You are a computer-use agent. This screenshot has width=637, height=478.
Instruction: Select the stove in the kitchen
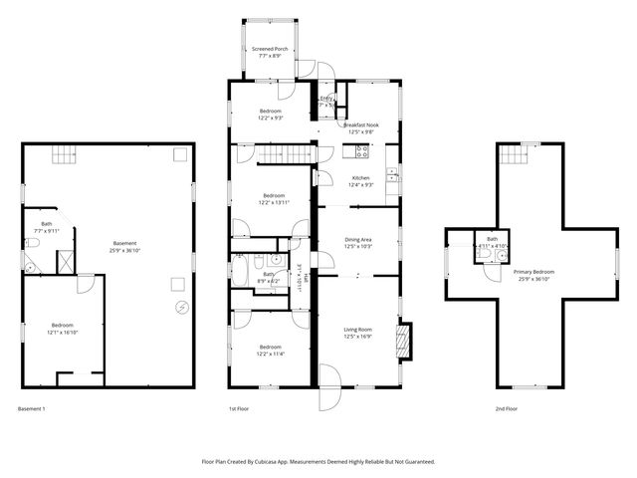(x=362, y=152)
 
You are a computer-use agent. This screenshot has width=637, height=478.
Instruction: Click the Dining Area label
(x=357, y=240)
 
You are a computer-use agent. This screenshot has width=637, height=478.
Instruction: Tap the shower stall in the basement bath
(x=64, y=261)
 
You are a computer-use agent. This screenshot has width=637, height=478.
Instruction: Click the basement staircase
(x=64, y=153)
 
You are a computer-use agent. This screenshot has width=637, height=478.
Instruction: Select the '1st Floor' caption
(x=240, y=408)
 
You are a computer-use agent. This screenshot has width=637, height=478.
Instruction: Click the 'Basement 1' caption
(x=32, y=408)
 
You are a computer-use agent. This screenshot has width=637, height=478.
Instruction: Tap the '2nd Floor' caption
(x=508, y=408)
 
